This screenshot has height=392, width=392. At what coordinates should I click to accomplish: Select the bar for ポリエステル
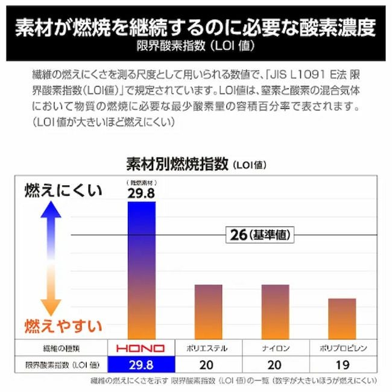[208, 311]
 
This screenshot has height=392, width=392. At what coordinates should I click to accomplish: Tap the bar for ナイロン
[275, 311]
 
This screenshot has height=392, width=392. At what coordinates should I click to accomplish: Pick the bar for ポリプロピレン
[341, 318]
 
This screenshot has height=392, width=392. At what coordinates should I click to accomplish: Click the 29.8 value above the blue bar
[141, 193]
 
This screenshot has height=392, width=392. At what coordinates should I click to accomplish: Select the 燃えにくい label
[63, 191]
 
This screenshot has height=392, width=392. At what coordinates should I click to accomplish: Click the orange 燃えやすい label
[63, 326]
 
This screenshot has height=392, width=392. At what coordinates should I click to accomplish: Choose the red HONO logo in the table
[141, 348]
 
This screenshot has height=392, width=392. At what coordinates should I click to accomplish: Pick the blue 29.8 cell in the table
[141, 364]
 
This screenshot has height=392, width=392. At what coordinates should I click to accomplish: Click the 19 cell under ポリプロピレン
[342, 364]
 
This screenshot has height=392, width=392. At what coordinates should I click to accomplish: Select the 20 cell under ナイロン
[275, 364]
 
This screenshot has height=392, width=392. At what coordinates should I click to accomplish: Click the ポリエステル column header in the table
[208, 348]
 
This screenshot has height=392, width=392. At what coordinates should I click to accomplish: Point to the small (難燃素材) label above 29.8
[141, 182]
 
